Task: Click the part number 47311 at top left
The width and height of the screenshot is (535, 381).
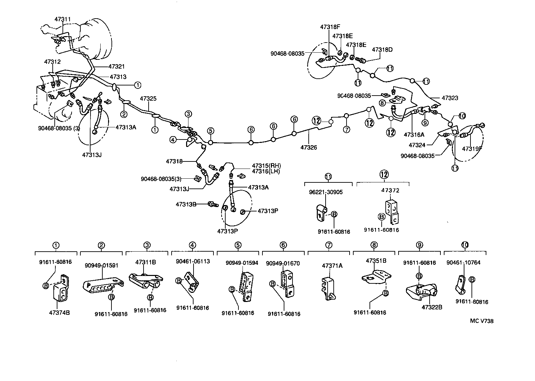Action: tap(62, 19)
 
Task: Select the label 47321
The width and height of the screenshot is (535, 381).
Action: tap(117, 67)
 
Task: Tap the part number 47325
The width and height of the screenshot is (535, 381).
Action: tap(148, 99)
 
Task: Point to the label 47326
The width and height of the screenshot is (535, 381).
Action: tap(309, 147)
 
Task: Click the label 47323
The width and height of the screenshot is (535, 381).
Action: tap(450, 98)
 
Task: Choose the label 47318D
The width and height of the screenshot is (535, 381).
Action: tap(382, 50)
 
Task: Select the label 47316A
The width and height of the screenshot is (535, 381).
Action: tap(414, 134)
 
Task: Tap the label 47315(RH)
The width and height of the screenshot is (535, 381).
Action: tap(266, 166)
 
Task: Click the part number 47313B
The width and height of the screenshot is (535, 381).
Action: tap(186, 204)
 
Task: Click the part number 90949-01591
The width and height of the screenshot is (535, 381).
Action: tap(101, 265)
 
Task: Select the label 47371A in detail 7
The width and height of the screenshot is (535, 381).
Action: tap(332, 266)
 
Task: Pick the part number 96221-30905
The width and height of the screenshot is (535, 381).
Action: tap(326, 192)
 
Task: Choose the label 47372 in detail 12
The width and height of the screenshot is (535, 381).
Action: tap(390, 190)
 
